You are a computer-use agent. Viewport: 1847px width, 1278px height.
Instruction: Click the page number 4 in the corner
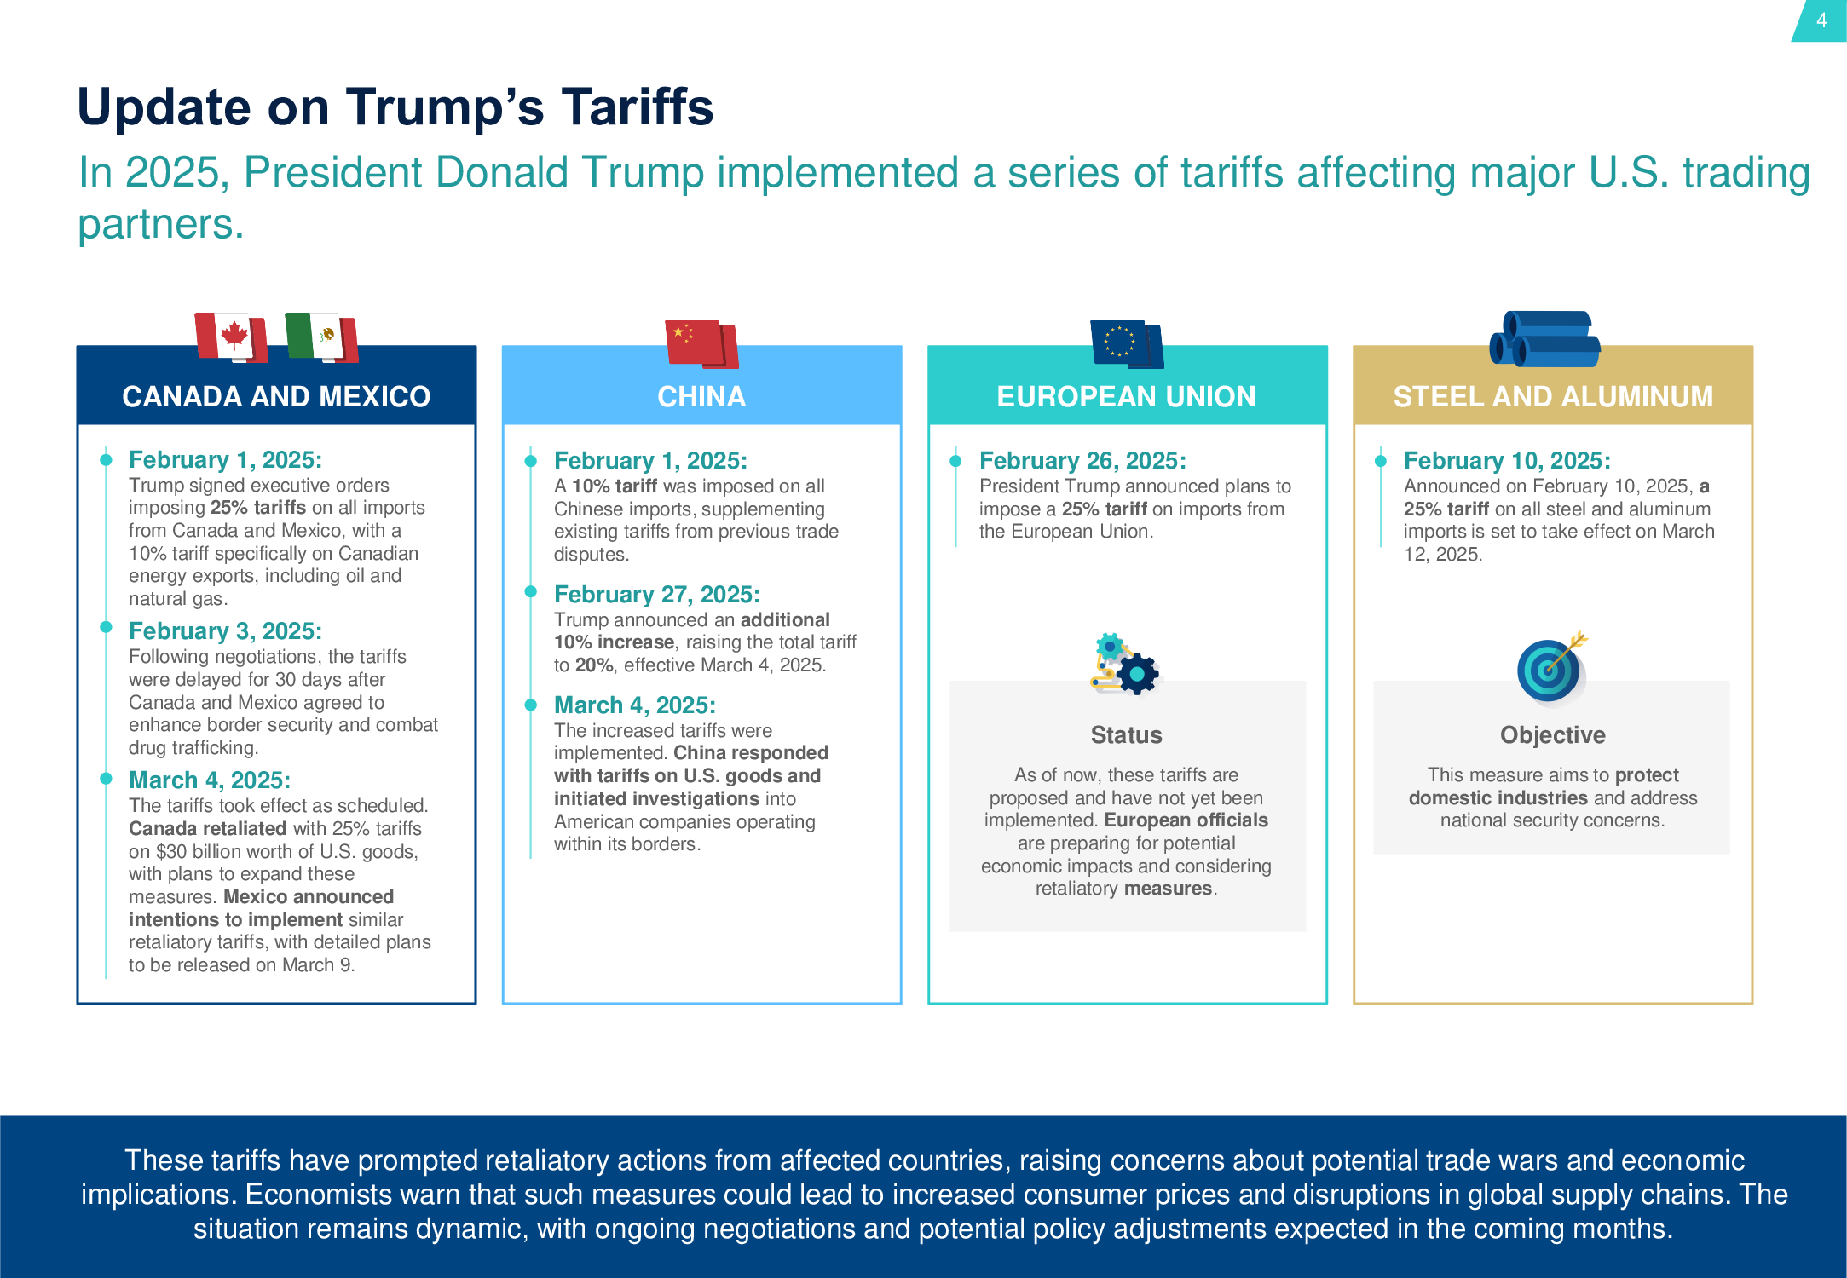tap(1821, 20)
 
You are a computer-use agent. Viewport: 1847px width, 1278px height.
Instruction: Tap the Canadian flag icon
tap(231, 337)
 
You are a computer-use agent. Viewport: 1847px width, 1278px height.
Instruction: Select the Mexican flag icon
tap(321, 337)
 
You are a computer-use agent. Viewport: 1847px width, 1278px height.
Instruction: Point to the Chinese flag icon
tap(701, 343)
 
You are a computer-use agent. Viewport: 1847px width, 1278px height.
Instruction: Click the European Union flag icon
tap(1126, 343)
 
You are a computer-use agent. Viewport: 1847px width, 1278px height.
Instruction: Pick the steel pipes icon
tap(1545, 339)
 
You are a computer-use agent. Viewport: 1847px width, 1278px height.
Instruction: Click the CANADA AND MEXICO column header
tap(276, 396)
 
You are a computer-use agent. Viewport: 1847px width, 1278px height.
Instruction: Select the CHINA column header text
tap(701, 396)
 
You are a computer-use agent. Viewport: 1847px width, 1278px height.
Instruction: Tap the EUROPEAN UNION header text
tap(1126, 396)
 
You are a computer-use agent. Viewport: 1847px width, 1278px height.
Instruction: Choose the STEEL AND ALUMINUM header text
tap(1553, 396)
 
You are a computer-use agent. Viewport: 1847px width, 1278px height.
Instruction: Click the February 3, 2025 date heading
tap(225, 630)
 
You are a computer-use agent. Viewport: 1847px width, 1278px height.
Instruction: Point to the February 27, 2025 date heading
tap(656, 594)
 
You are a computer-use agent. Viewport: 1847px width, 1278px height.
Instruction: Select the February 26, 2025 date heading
tap(1082, 460)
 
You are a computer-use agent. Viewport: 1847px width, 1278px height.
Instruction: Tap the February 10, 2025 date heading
tap(1507, 460)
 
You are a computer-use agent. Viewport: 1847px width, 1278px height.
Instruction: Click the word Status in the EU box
tap(1126, 734)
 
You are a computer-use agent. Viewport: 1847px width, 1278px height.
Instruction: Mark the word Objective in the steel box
tap(1552, 734)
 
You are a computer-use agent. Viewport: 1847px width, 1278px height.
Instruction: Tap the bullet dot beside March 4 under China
tap(530, 705)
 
